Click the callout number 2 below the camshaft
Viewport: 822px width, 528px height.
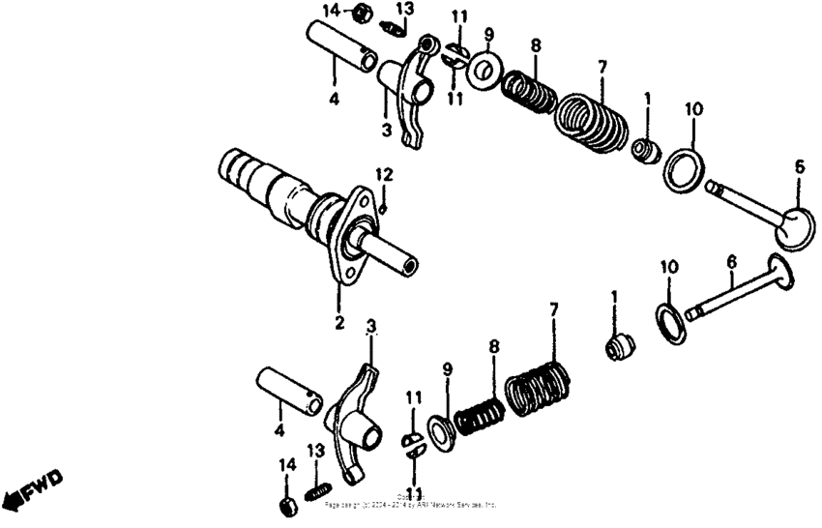pyautogui.click(x=339, y=322)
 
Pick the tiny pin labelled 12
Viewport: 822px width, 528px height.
pyautogui.click(x=384, y=207)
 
